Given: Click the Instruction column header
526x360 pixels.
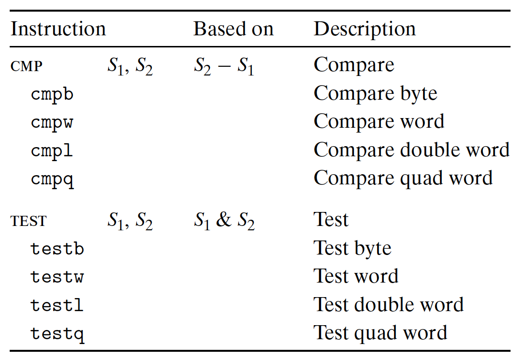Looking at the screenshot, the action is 58,29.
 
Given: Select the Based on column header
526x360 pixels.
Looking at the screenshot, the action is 234,29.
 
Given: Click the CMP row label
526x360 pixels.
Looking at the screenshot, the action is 27,66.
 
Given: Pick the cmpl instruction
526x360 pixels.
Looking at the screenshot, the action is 52,150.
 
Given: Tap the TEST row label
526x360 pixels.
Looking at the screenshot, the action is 29,221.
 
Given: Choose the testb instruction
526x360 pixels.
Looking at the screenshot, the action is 57,249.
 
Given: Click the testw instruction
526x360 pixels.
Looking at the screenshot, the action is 57,277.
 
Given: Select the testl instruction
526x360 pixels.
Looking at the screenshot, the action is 57,305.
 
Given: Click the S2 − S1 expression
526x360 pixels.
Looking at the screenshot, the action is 224,66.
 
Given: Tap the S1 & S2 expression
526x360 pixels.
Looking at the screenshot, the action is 224,221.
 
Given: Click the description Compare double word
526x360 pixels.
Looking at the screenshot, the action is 411,150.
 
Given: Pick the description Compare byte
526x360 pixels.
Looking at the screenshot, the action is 375,94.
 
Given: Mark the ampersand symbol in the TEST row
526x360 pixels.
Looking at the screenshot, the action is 224,220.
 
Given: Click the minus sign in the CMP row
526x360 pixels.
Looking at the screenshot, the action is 224,66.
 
